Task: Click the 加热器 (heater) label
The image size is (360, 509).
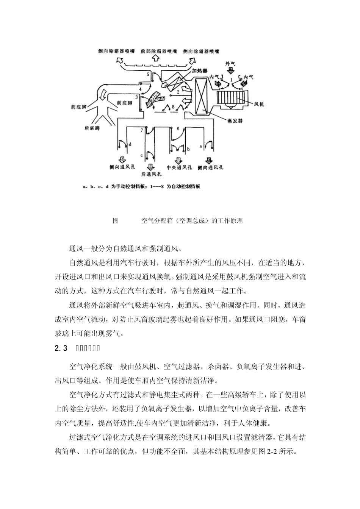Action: (200, 71)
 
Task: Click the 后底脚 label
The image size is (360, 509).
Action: (92, 129)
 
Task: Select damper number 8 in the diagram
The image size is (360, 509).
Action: (173, 107)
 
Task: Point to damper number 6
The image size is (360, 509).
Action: (178, 129)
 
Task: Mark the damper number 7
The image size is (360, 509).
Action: (142, 130)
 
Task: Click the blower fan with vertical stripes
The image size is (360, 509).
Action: (231, 98)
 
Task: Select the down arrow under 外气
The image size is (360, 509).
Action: (230, 70)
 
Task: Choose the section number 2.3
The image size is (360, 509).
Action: (61, 348)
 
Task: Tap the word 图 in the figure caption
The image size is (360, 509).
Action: (116, 221)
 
